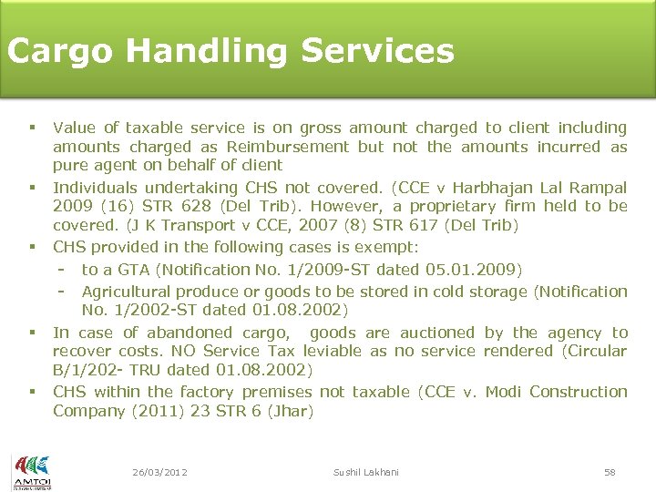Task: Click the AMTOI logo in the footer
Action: tap(32, 471)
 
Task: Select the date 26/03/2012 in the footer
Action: tap(159, 472)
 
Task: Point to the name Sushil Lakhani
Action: tap(367, 472)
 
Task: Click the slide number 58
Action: tap(610, 472)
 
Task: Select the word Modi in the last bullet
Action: tap(503, 392)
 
